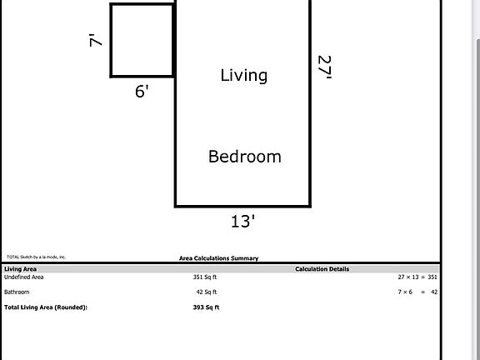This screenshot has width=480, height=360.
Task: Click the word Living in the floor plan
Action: pos(243,75)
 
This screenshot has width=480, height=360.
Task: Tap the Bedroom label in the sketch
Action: pos(244,156)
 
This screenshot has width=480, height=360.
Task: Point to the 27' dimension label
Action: pos(324,67)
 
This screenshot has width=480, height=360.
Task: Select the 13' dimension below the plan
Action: pos(242,221)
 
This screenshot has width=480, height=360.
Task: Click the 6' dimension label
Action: pos(142,91)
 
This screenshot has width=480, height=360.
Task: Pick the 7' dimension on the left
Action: pos(97,38)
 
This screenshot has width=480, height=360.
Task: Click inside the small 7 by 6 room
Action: pos(142,40)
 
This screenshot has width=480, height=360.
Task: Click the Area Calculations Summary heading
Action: pos(218,258)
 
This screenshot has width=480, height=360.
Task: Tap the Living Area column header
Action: pos(20,269)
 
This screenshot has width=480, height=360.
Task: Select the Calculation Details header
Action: pos(322,269)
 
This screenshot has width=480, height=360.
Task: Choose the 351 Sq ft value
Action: pos(205,277)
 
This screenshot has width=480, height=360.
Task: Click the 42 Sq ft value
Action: pos(205,292)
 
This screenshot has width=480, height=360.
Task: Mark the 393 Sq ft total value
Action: pos(205,307)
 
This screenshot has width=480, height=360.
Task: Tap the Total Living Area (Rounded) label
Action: pos(45,307)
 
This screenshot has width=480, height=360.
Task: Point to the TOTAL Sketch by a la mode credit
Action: pos(36,257)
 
